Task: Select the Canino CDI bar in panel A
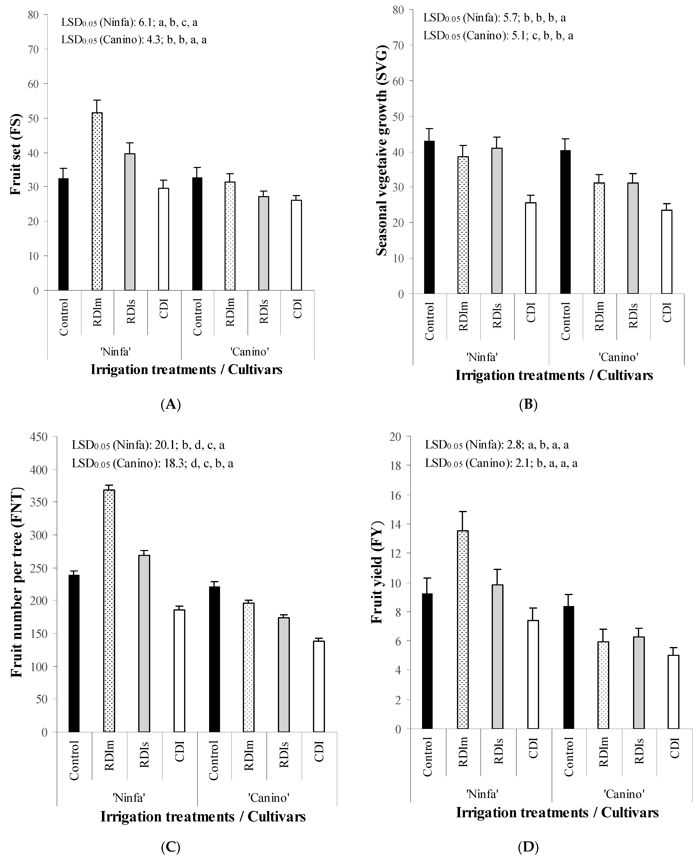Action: tap(296, 245)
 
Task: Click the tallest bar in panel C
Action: tap(109, 611)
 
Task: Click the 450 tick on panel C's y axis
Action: tap(39, 437)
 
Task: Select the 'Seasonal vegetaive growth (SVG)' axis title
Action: tap(381, 152)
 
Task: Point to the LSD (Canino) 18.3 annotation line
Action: tap(153, 463)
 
